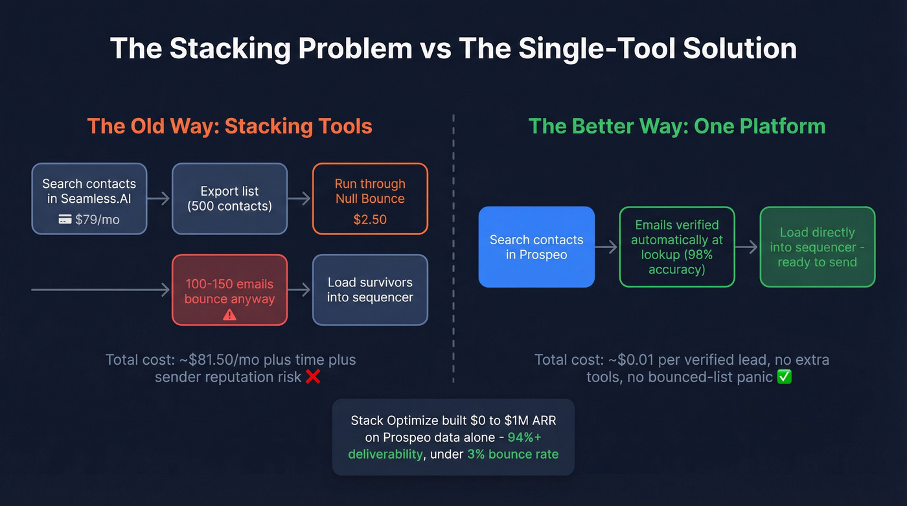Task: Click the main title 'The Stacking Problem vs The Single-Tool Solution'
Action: pyautogui.click(x=454, y=49)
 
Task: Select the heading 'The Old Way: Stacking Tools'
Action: pyautogui.click(x=229, y=126)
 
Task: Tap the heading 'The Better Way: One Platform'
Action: pyautogui.click(x=677, y=126)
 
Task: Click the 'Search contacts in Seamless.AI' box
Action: pyautogui.click(x=89, y=198)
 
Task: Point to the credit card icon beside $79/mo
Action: pyautogui.click(x=65, y=220)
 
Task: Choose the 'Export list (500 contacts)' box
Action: pyautogui.click(x=229, y=198)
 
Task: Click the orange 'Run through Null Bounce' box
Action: pyautogui.click(x=370, y=198)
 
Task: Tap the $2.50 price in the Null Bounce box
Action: pyautogui.click(x=370, y=220)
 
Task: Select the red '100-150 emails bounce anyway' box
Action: pyautogui.click(x=229, y=290)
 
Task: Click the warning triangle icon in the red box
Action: pyautogui.click(x=229, y=314)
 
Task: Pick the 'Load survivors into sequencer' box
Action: pyautogui.click(x=370, y=290)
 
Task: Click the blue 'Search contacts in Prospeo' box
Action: pyautogui.click(x=536, y=247)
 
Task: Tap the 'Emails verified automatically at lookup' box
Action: pyautogui.click(x=677, y=247)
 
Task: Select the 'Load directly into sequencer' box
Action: pyautogui.click(x=817, y=247)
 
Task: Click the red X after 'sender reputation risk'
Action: pyautogui.click(x=313, y=376)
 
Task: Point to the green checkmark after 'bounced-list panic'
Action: pyautogui.click(x=784, y=376)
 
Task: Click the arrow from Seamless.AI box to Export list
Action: pyautogui.click(x=159, y=198)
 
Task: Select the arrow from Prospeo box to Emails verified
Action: pyautogui.click(x=607, y=247)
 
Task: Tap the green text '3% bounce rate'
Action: pyautogui.click(x=512, y=454)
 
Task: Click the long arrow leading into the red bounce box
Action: pyautogui.click(x=100, y=290)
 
